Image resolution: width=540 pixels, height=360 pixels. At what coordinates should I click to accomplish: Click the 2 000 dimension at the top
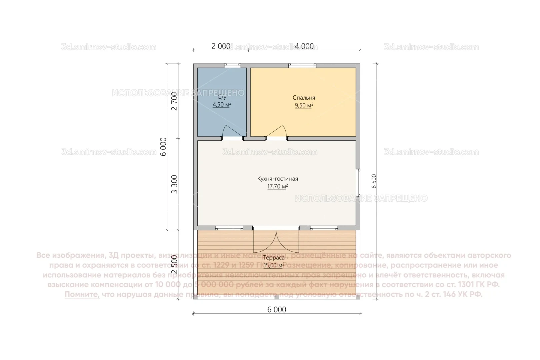tap(221, 46)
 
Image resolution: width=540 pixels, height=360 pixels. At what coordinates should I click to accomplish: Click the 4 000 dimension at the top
tap(304, 46)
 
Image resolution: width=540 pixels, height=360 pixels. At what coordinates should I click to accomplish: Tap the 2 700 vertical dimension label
tap(174, 101)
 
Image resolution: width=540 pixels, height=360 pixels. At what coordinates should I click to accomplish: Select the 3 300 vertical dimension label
tap(174, 184)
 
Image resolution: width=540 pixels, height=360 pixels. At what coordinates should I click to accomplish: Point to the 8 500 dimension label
tap(374, 181)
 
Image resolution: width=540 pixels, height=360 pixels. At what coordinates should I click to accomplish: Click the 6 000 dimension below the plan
tap(277, 310)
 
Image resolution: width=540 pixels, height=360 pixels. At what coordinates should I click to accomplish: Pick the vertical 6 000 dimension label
tap(163, 147)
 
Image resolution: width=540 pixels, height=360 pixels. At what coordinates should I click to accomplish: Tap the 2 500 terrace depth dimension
tap(174, 264)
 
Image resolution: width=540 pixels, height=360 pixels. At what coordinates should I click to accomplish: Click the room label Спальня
tap(304, 98)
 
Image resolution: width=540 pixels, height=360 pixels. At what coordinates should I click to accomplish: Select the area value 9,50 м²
tap(304, 106)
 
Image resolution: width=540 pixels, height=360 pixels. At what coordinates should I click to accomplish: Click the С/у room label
tap(222, 97)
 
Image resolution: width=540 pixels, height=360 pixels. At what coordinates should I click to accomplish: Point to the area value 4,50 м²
tap(222, 105)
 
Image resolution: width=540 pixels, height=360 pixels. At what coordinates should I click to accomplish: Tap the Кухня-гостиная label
tap(277, 179)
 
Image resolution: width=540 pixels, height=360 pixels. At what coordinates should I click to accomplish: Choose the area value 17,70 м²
tap(277, 187)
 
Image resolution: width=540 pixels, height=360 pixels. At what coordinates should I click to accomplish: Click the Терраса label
tap(274, 258)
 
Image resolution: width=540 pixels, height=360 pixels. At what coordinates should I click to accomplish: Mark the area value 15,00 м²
tap(274, 266)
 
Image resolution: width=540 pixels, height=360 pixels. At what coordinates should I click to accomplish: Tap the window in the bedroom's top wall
tap(302, 66)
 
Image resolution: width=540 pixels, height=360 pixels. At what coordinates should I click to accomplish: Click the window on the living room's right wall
tap(358, 182)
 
